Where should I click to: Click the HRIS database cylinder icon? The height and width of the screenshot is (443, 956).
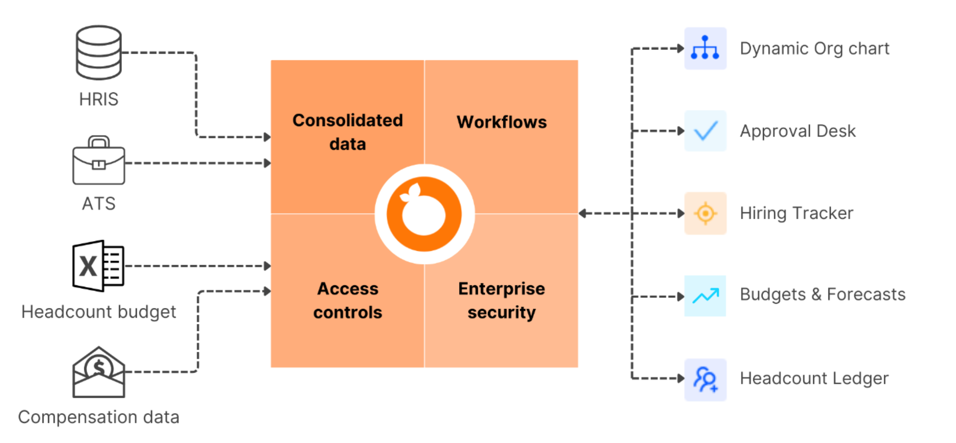tap(98, 52)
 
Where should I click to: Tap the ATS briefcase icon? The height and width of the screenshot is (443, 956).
tap(98, 161)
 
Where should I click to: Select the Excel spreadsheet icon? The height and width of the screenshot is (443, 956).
tap(98, 266)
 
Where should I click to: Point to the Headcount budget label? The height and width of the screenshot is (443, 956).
tap(98, 312)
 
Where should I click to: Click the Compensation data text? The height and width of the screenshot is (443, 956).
tap(98, 417)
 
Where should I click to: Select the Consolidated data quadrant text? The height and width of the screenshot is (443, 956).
tap(347, 132)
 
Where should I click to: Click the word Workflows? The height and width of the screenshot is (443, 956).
tap(501, 122)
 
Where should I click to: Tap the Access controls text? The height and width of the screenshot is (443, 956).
tap(347, 300)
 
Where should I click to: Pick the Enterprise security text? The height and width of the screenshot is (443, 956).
tap(501, 300)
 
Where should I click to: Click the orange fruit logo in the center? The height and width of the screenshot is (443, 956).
tap(424, 214)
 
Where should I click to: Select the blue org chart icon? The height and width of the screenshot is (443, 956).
tap(705, 48)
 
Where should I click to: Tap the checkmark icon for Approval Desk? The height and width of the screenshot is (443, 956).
tap(705, 131)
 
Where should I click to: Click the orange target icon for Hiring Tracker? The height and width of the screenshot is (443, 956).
tap(705, 213)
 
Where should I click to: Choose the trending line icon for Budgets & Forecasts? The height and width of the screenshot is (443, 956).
tap(705, 296)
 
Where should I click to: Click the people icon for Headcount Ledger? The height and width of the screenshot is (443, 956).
tap(705, 379)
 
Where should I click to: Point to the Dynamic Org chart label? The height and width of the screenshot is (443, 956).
tap(814, 49)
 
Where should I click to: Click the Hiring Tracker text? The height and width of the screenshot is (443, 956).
tap(797, 213)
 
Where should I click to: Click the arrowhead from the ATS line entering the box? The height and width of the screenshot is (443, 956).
tap(267, 163)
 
